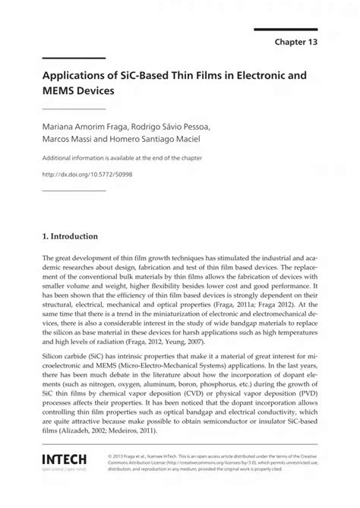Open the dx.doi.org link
tap(86, 175)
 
